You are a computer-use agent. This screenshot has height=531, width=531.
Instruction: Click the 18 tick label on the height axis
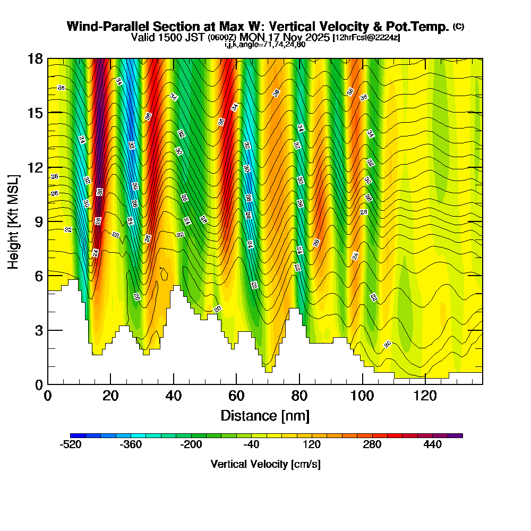coord(35,58)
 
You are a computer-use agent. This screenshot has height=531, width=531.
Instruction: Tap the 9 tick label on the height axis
coord(38,221)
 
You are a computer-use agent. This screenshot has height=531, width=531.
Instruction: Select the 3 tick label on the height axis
coord(38,330)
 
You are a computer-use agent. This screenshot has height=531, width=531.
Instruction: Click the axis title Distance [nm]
coord(264,415)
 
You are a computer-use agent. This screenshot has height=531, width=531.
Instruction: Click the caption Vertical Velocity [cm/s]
coord(265,464)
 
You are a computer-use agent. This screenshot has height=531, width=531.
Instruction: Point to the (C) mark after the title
coord(458,26)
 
